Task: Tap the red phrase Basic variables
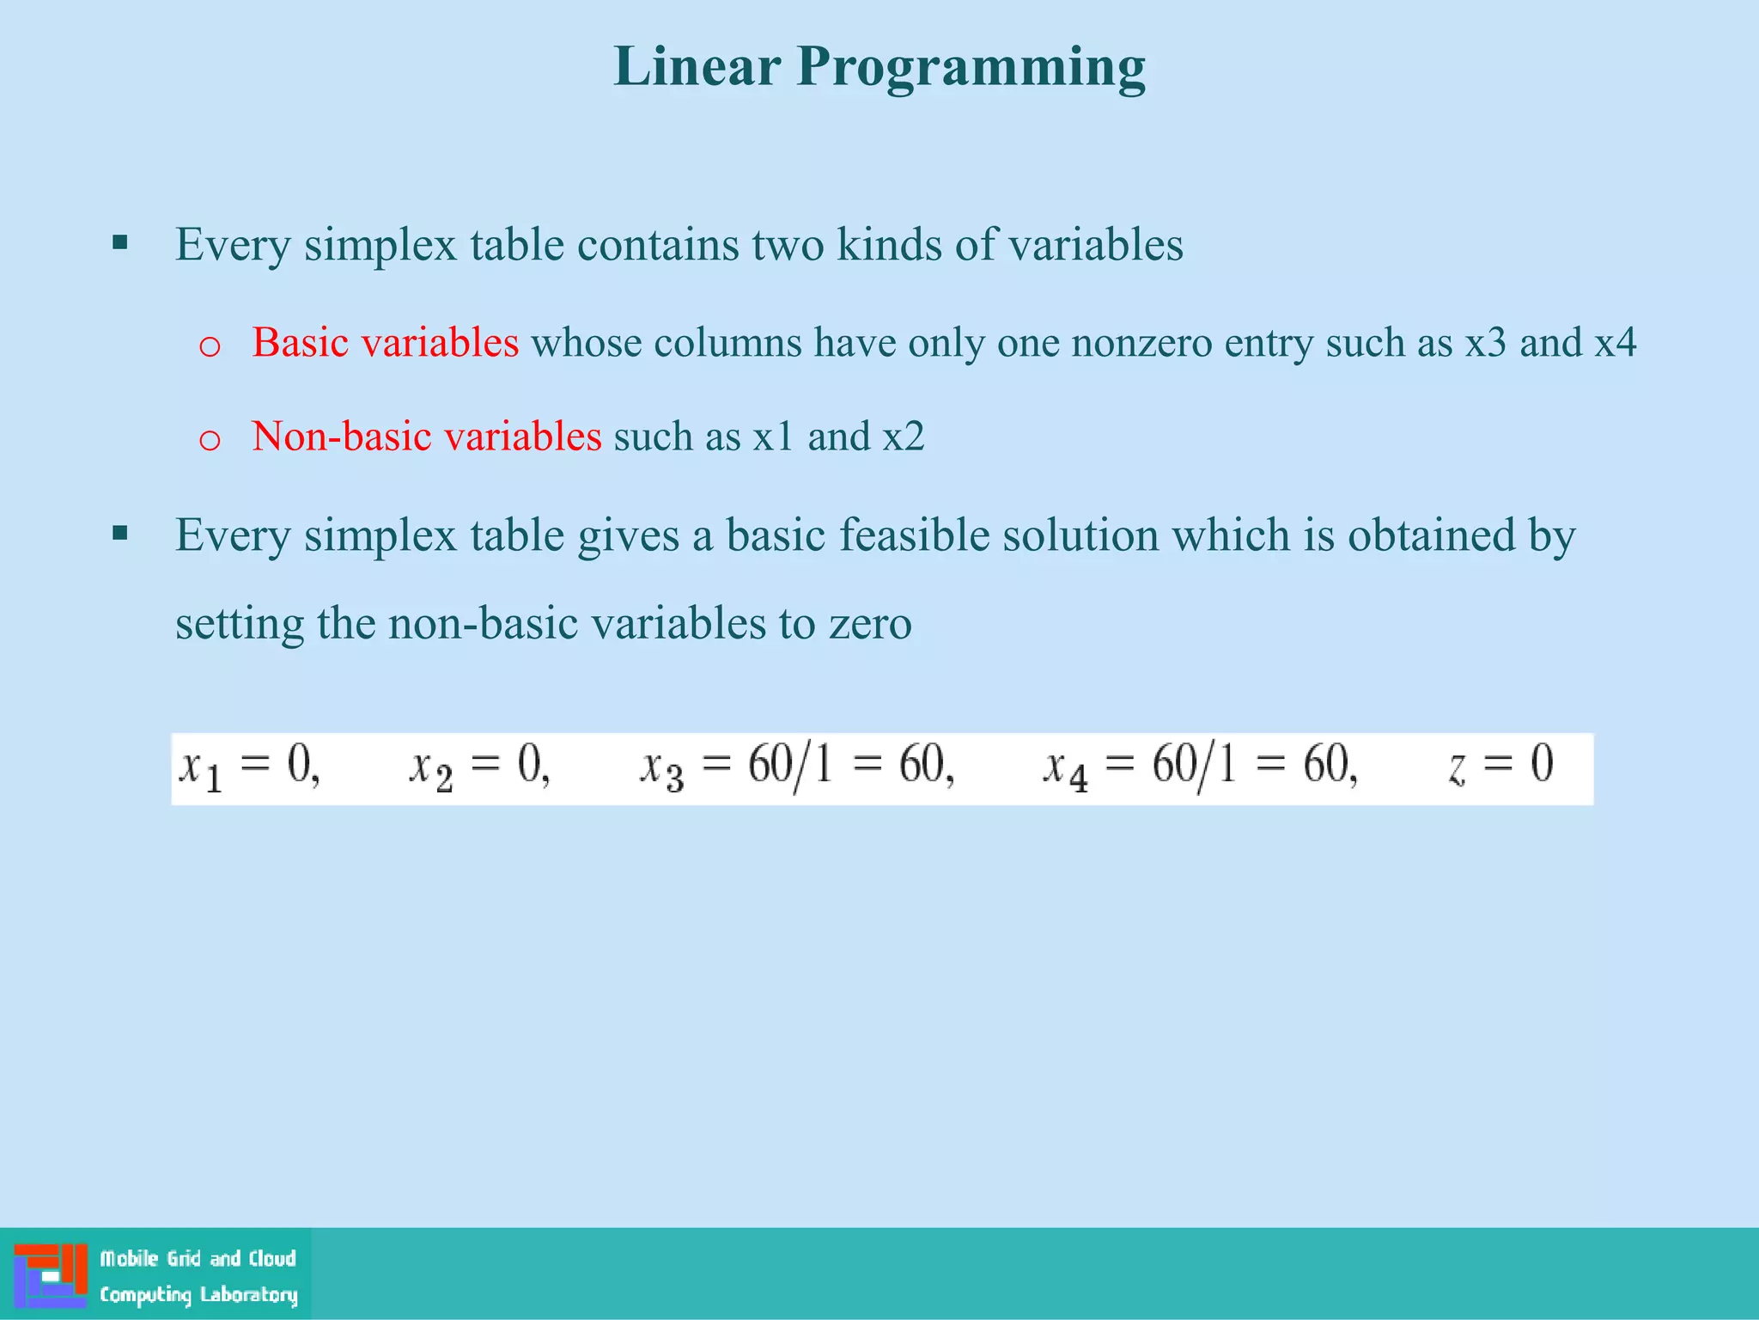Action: pos(385,343)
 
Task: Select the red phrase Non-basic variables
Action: pos(426,437)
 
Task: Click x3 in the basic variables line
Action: pos(1485,343)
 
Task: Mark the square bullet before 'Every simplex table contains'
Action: pos(120,242)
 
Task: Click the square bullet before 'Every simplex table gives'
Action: pos(120,534)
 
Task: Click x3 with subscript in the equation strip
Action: pos(662,767)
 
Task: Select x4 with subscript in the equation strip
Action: pos(1065,767)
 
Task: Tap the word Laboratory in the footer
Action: pos(249,1294)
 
